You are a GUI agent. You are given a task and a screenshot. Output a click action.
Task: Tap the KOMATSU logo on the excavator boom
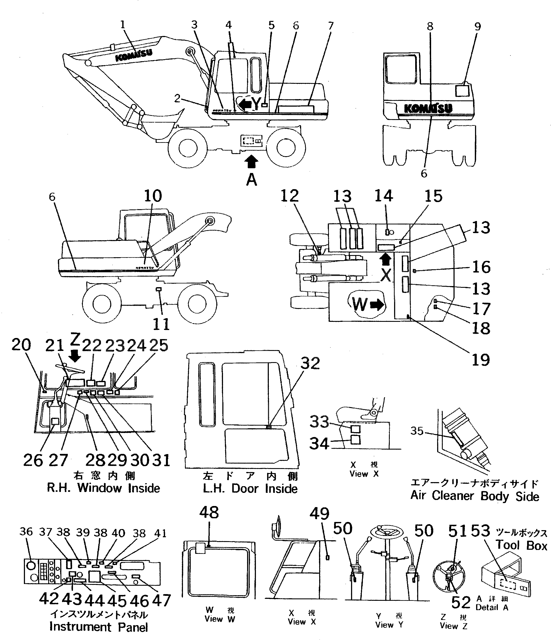[134, 55]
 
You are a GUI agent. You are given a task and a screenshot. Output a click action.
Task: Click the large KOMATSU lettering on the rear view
[428, 108]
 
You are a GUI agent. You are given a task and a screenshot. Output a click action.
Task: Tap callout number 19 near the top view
[481, 360]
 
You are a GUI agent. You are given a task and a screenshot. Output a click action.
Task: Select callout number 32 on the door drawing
[310, 364]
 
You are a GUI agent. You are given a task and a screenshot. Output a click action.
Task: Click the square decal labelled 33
[356, 429]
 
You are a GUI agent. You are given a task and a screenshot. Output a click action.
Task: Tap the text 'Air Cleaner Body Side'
[474, 496]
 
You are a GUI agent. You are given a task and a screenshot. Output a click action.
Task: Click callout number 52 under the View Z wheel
[461, 602]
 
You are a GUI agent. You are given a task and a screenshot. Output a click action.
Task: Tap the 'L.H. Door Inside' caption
[250, 489]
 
